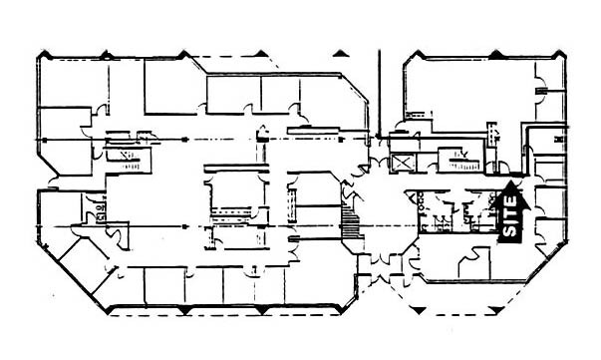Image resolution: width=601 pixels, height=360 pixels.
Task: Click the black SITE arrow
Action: (x=510, y=212)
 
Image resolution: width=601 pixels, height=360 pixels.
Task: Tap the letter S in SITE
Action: (x=510, y=231)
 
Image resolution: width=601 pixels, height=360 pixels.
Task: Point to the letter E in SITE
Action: (x=510, y=199)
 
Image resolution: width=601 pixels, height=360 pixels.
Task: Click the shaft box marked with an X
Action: (x=403, y=163)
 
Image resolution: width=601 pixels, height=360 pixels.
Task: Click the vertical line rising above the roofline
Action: (x=380, y=90)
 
